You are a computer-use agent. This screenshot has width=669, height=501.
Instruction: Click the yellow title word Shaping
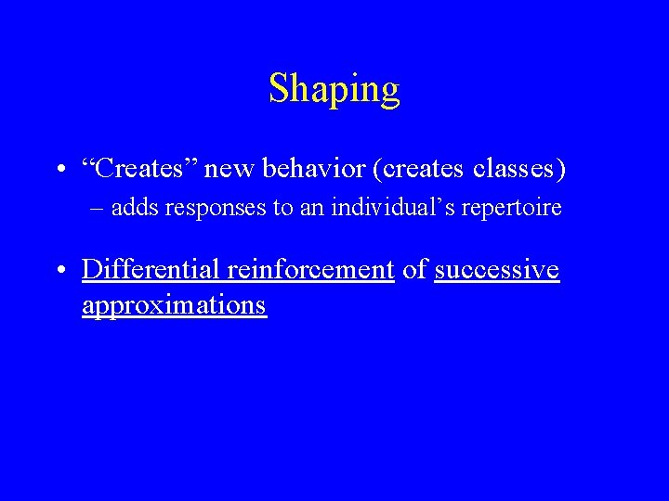pyautogui.click(x=334, y=90)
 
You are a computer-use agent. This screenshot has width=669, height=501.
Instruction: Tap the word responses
pyautogui.click(x=215, y=208)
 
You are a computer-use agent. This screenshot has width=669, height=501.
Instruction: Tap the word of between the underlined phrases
pyautogui.click(x=415, y=269)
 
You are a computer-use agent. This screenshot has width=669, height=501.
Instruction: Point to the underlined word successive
pyautogui.click(x=496, y=269)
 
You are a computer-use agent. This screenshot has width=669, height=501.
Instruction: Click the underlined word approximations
pyautogui.click(x=174, y=305)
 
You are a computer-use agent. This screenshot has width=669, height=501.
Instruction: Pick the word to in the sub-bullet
pyautogui.click(x=281, y=208)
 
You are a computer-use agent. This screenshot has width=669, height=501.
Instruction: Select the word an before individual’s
pyautogui.click(x=311, y=208)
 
